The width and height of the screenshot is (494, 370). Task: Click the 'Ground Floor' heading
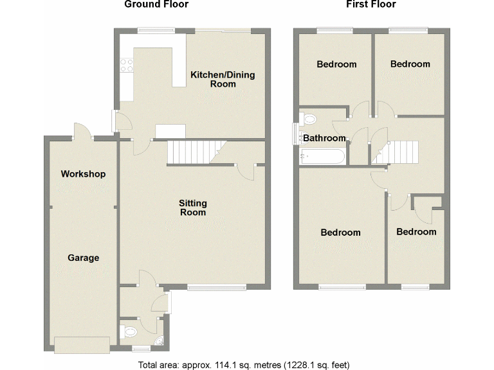click(156, 4)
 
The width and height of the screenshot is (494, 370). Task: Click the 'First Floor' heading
click(370, 4)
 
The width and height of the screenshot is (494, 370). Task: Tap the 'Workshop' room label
click(83, 174)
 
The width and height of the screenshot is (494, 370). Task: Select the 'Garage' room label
click(84, 258)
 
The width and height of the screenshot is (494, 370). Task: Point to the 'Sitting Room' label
click(192, 207)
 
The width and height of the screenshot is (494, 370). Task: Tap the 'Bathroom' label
click(325, 138)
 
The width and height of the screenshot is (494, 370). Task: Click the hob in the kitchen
click(126, 64)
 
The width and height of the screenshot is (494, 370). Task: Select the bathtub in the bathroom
click(322, 156)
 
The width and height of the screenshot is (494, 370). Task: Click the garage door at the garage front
click(82, 345)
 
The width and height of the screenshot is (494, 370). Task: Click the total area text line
click(244, 364)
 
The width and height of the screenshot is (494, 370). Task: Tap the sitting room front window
click(215, 287)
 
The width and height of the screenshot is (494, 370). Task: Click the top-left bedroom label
click(336, 64)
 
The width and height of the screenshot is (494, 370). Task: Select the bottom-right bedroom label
click(416, 232)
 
